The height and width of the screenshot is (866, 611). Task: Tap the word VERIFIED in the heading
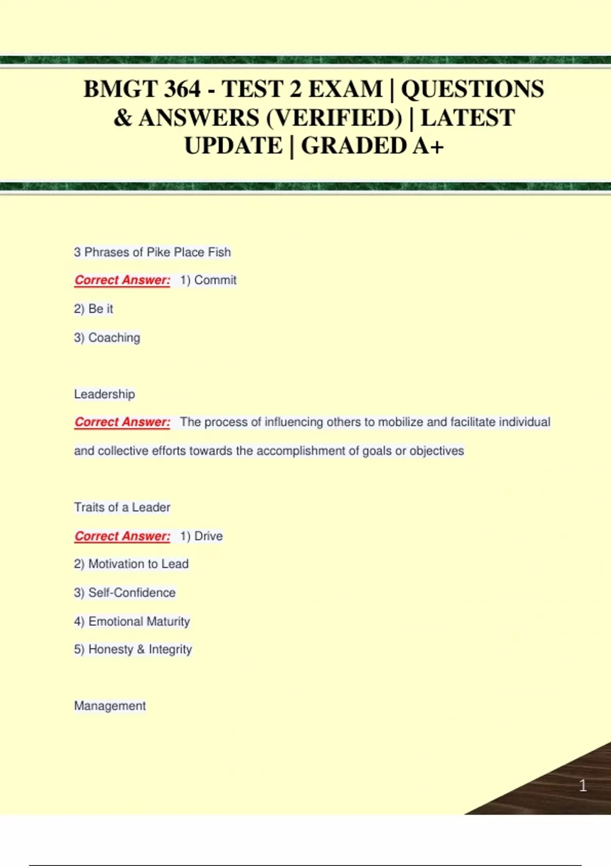coord(334,118)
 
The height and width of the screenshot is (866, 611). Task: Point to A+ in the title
coord(428,146)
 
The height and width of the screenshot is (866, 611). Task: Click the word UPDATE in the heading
coord(233,146)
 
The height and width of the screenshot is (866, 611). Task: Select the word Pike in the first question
coord(158,252)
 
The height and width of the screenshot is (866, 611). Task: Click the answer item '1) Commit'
coord(208,280)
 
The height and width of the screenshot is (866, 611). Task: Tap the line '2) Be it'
coord(94,309)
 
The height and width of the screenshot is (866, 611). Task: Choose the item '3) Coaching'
coord(107,338)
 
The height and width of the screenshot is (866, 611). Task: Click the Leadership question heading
coord(104,394)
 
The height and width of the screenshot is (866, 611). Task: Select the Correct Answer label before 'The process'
coord(122,422)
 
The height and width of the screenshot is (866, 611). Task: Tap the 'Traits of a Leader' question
coord(122,507)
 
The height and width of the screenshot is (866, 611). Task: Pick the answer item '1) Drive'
coord(202,536)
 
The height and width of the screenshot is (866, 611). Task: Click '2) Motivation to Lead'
coord(131,564)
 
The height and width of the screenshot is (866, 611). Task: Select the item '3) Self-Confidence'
coord(125,592)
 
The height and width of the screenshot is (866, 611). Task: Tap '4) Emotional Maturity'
coord(132,621)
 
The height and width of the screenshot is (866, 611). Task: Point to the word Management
coord(110,706)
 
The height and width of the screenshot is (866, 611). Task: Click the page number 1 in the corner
coord(583,786)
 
